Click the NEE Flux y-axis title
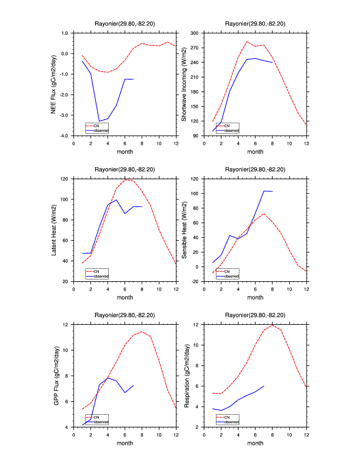(x=54, y=84)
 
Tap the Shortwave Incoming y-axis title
(x=184, y=84)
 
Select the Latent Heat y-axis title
(x=54, y=230)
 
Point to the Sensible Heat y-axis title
(x=184, y=230)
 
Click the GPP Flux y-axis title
(x=54, y=375)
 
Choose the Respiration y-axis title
(x=184, y=375)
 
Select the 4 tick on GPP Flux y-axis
(x=68, y=427)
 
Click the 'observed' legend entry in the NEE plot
(x=101, y=130)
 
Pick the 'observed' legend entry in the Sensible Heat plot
(x=231, y=276)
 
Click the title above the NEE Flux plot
(x=125, y=24)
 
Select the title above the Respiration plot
(x=255, y=315)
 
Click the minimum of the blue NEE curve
(x=99, y=121)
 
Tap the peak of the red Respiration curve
(x=272, y=325)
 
